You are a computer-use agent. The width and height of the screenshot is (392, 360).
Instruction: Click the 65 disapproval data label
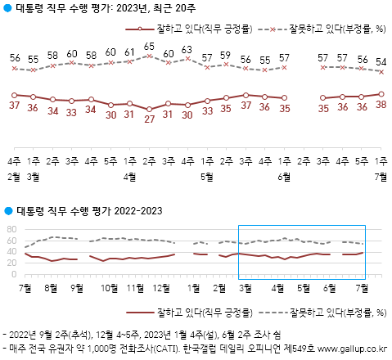[x=149, y=47]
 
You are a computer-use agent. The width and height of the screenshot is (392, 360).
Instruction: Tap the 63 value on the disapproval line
[x=187, y=50]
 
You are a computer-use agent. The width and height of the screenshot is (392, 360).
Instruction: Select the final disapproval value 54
[x=381, y=61]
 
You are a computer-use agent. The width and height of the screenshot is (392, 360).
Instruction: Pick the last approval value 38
[x=381, y=104]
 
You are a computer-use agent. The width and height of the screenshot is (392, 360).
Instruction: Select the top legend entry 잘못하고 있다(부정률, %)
[x=336, y=29]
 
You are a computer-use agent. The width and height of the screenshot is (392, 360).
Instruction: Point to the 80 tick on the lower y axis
[x=11, y=228]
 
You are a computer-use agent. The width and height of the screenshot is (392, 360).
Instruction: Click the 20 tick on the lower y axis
[x=11, y=263]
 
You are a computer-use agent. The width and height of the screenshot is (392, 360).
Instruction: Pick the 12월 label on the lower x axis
[x=163, y=288]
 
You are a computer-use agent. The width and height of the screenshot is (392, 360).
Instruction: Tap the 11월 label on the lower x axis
[x=134, y=288]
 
